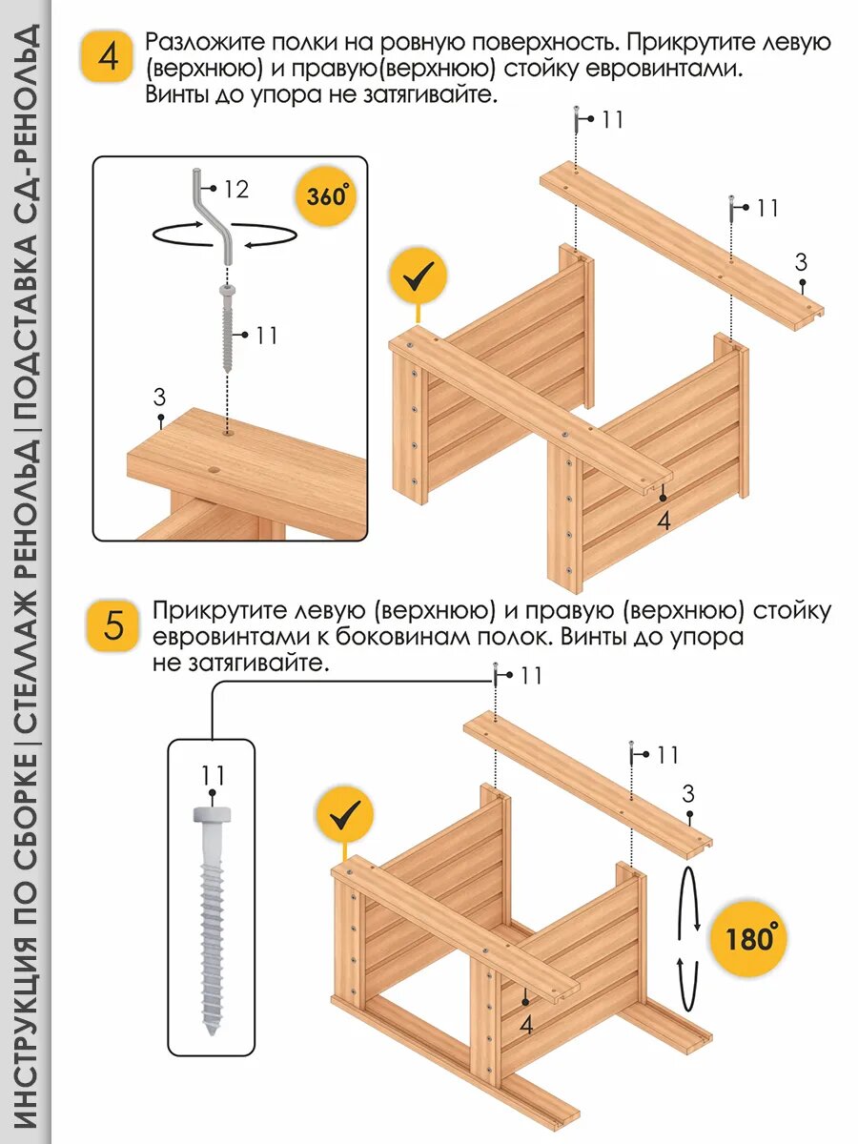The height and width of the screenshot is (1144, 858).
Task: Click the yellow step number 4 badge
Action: point(108,56)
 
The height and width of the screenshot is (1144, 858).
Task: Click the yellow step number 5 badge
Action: point(113,627)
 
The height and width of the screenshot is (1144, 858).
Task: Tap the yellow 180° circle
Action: point(748,938)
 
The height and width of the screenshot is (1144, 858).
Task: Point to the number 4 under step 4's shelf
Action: point(664,521)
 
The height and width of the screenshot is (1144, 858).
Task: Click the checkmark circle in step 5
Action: point(344,814)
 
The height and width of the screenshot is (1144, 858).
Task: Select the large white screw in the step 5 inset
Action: point(213,921)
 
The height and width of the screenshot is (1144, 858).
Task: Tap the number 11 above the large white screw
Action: point(212,774)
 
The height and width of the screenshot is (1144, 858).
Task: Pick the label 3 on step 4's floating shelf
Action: point(802,262)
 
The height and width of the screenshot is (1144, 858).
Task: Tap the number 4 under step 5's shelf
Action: point(526,1024)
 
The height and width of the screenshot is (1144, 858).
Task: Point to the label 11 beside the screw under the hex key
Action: point(266,335)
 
